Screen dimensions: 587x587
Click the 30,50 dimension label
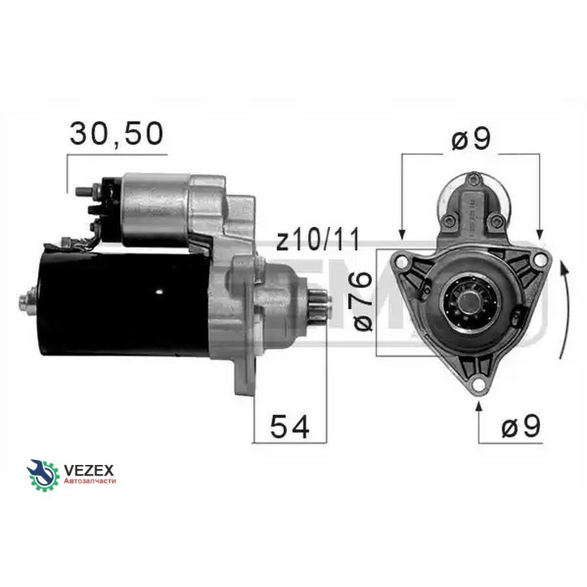pos(117,134)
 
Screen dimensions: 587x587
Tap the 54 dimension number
pos(290,427)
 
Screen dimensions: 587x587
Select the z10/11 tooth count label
pos(318,239)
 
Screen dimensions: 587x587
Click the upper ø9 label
pos(471,139)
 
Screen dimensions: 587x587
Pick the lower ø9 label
pos(520,426)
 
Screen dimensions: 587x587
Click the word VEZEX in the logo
pos(89,470)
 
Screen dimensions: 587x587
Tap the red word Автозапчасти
pos(90,481)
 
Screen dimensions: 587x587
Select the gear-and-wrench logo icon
pos(43,475)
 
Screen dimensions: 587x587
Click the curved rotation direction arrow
pos(567,310)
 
